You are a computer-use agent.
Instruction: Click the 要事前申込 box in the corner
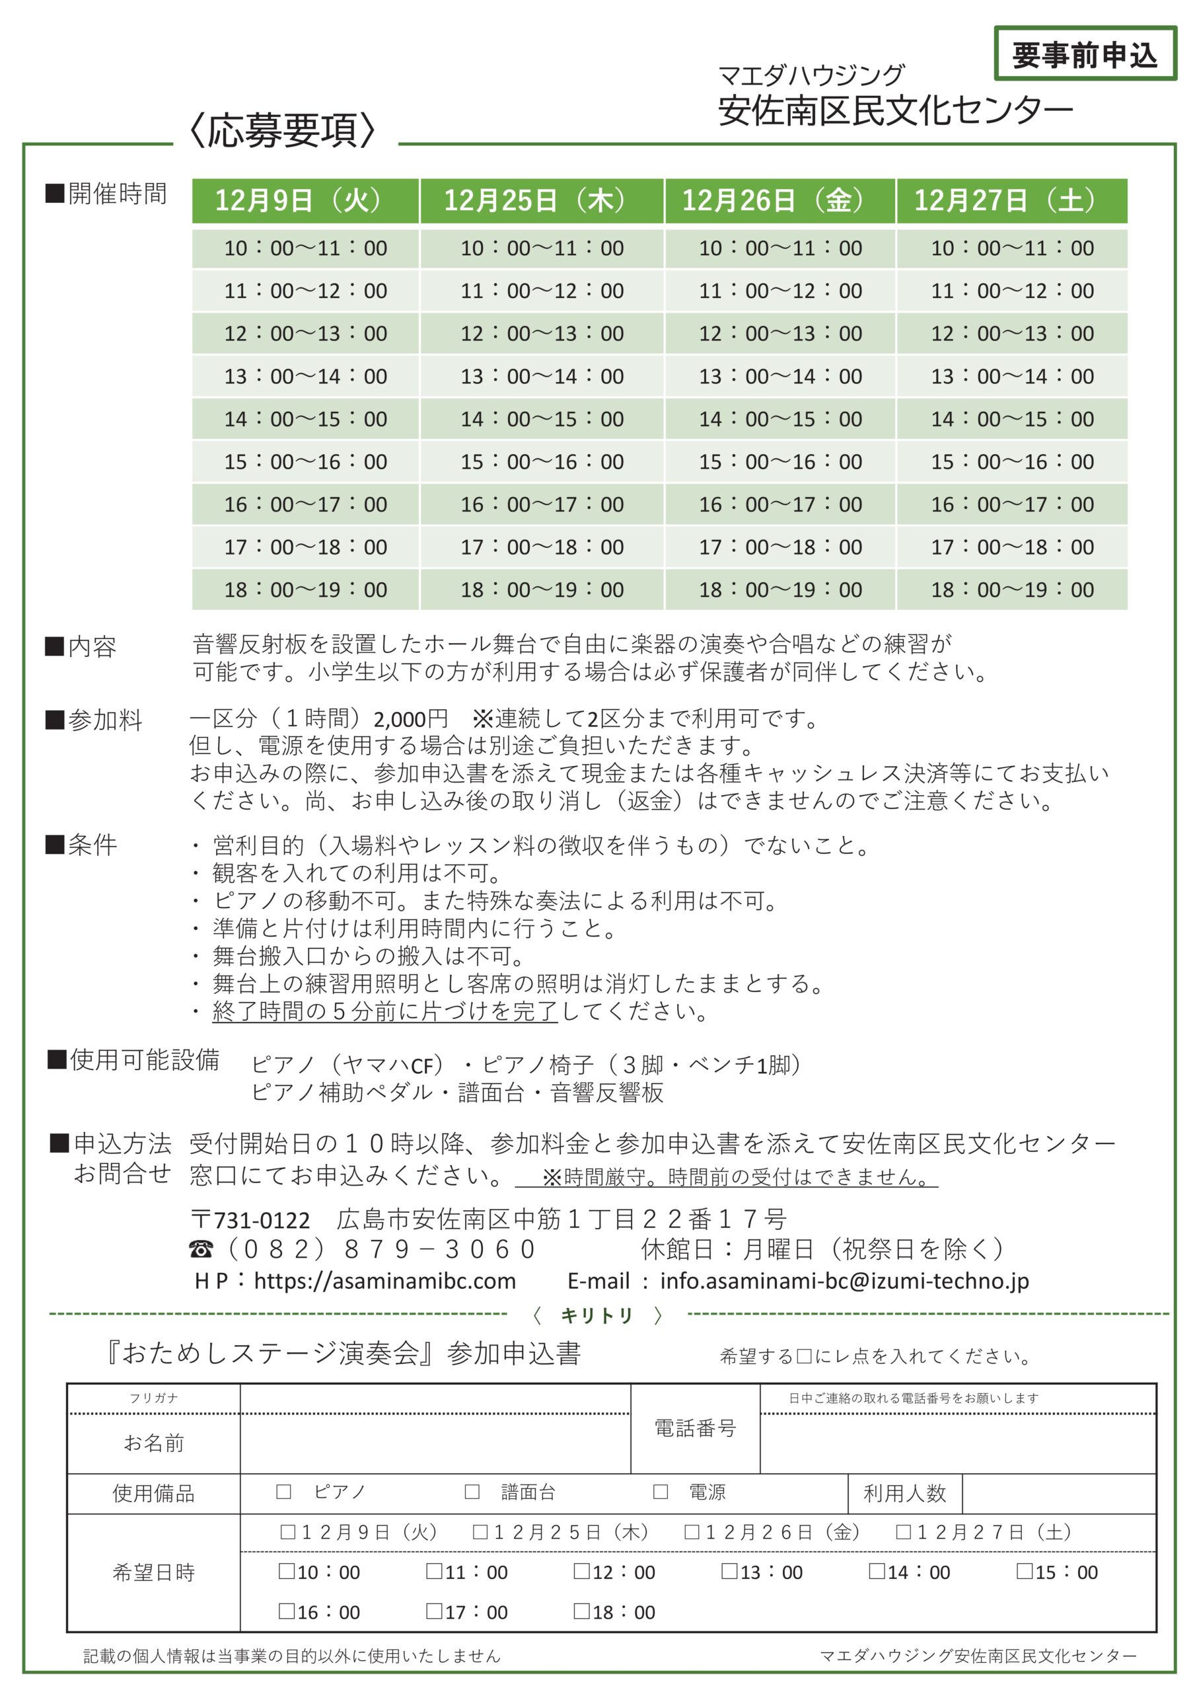(x=1084, y=54)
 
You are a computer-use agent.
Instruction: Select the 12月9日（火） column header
(x=305, y=200)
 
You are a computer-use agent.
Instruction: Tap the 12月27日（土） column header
(x=1011, y=200)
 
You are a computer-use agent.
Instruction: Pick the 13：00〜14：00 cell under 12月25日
(x=542, y=377)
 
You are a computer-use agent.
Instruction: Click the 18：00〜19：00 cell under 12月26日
(x=779, y=590)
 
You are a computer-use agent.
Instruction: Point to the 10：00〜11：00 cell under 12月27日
(x=1011, y=249)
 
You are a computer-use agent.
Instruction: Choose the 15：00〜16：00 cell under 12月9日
(x=305, y=462)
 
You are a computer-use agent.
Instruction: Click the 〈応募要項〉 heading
(x=283, y=130)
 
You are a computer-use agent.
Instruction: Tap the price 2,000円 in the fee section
(x=410, y=719)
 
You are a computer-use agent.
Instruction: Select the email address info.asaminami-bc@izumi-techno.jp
(x=844, y=1281)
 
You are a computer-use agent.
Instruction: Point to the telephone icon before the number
(x=201, y=1249)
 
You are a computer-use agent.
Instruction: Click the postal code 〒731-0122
(x=250, y=1219)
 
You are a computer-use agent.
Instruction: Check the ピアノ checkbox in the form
(x=283, y=1492)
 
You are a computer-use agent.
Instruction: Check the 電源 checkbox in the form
(x=661, y=1492)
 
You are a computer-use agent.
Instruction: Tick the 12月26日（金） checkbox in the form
(x=692, y=1532)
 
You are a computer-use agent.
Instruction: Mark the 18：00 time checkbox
(x=581, y=1611)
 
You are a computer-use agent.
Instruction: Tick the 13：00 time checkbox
(x=729, y=1571)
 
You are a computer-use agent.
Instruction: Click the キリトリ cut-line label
(x=596, y=1315)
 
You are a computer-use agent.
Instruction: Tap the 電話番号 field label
(x=695, y=1428)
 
